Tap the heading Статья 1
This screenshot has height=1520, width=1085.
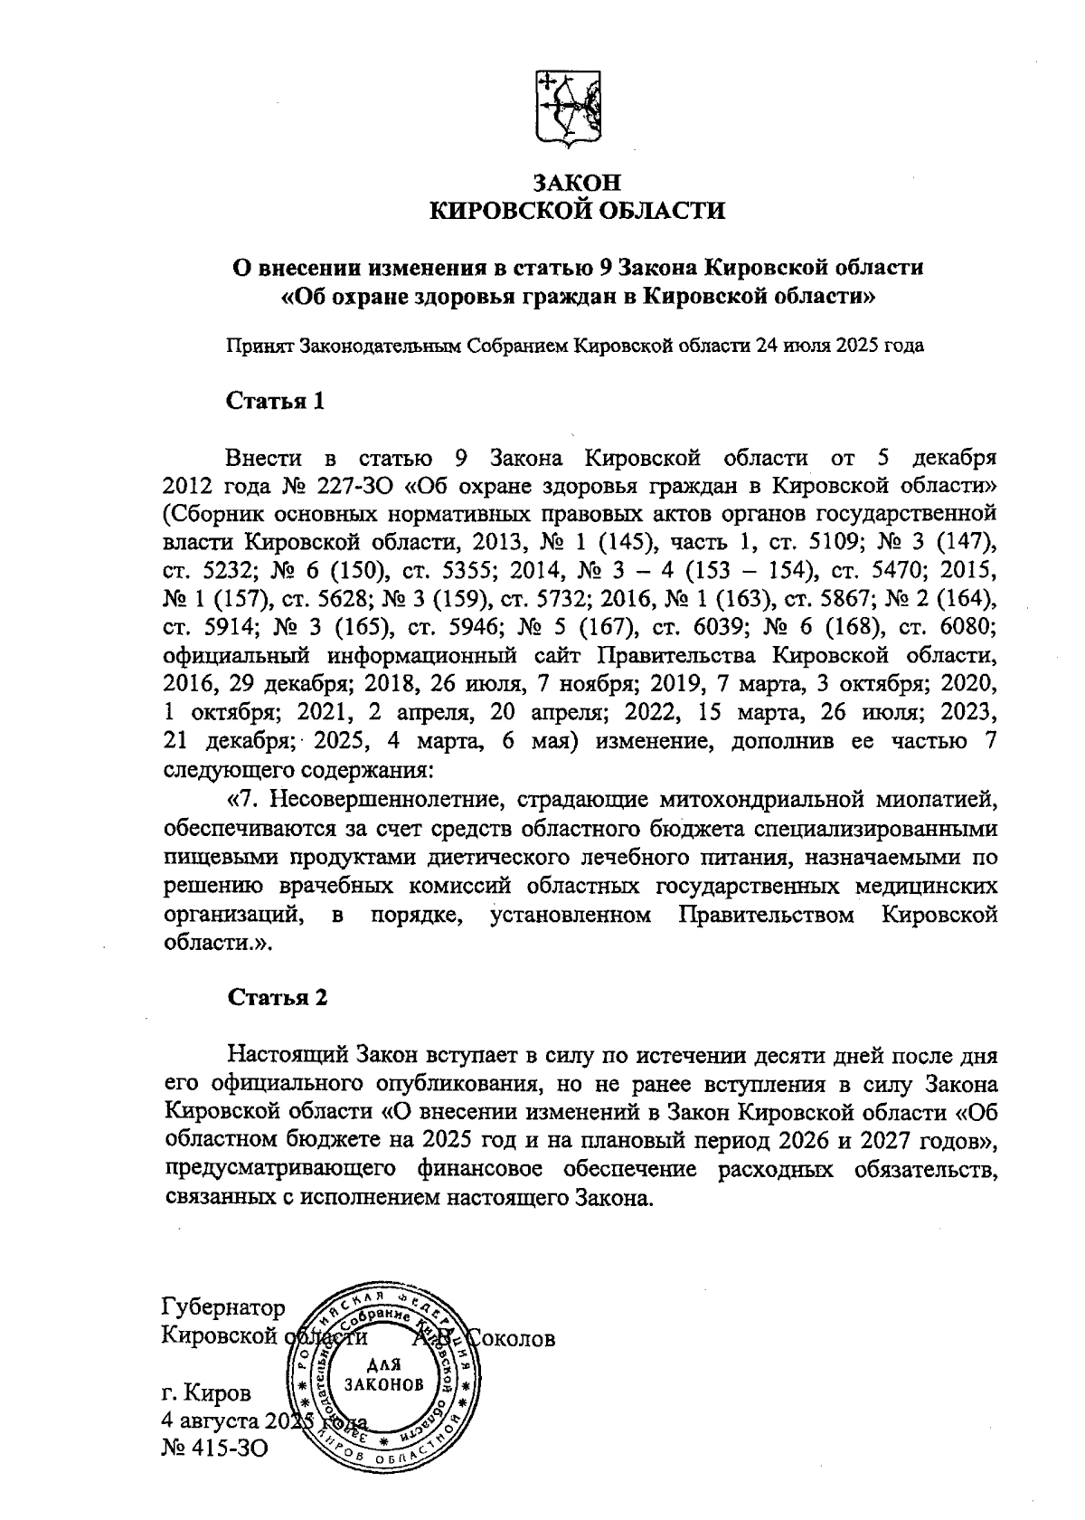(275, 400)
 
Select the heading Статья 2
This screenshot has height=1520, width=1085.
(276, 997)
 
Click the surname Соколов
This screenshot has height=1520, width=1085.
(510, 1337)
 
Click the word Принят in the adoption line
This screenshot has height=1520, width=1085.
(254, 346)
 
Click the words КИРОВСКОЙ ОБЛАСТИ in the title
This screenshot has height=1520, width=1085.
(577, 212)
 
